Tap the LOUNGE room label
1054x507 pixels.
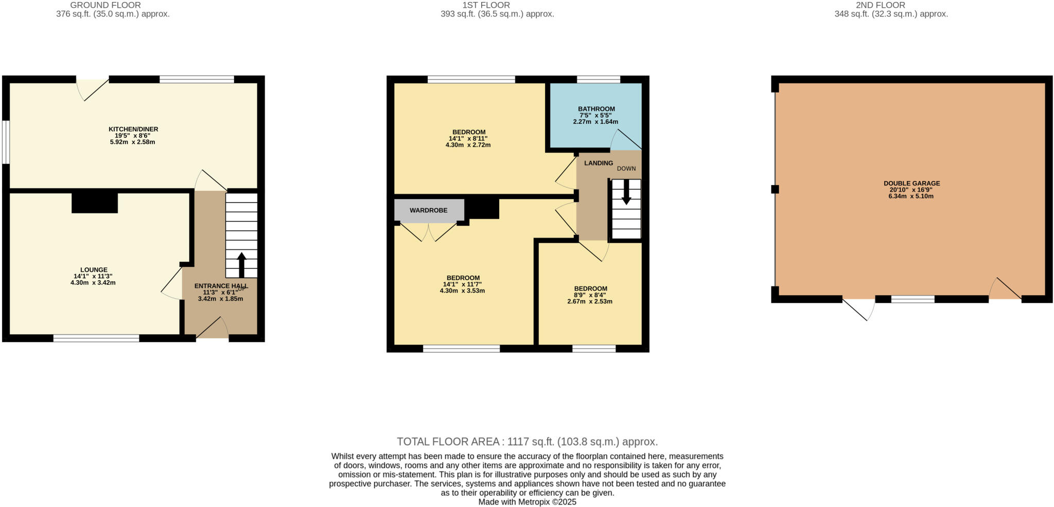(93, 269)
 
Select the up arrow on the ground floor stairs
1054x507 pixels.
(241, 263)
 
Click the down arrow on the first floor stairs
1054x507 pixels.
(626, 192)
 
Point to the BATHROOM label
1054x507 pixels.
(596, 109)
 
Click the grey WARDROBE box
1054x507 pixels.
(428, 210)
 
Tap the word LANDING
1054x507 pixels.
(598, 163)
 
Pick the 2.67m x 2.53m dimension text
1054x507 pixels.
(590, 301)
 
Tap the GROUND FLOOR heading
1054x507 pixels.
(105, 5)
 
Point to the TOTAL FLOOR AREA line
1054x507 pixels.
(527, 441)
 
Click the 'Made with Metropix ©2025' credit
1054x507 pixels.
(527, 502)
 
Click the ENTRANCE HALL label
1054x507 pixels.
(220, 286)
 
